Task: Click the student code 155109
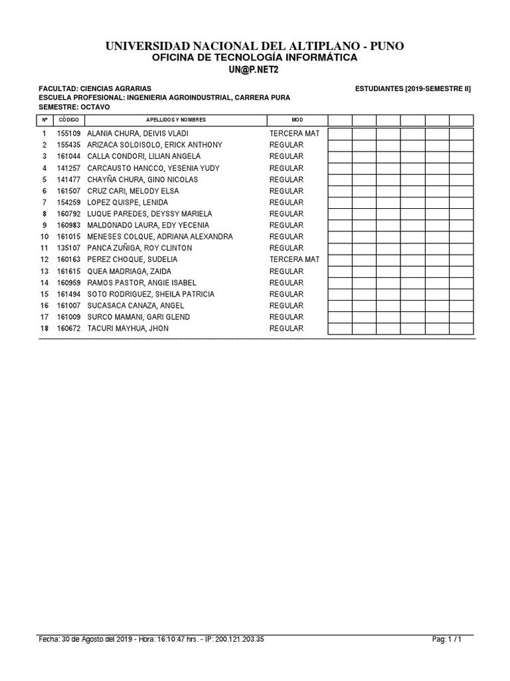click(68, 134)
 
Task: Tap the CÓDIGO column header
click(68, 120)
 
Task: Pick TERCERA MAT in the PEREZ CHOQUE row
click(294, 259)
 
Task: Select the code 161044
click(68, 156)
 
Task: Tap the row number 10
click(44, 237)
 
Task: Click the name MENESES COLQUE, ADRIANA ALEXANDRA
click(159, 237)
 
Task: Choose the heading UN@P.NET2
click(255, 70)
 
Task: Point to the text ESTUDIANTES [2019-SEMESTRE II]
click(413, 88)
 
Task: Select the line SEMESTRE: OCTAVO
click(74, 107)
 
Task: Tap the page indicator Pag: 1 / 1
click(446, 640)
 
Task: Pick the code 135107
click(68, 248)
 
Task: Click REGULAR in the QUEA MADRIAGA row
click(286, 271)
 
